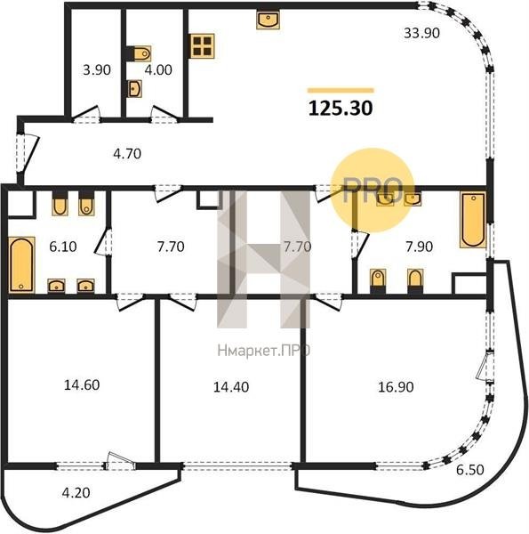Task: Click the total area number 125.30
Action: (x=341, y=109)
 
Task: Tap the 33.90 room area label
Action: (x=421, y=33)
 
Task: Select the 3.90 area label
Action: (x=97, y=69)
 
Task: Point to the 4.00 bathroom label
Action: (x=158, y=69)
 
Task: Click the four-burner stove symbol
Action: (x=202, y=46)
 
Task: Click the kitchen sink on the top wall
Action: (x=269, y=20)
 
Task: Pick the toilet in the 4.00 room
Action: (x=140, y=53)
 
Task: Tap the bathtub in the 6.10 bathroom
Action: (x=21, y=264)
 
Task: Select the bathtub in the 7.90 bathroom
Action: (x=473, y=220)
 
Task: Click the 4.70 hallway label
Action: (x=127, y=154)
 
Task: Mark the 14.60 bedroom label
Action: (x=82, y=385)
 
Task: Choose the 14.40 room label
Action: (x=231, y=387)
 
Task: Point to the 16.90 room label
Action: (x=396, y=387)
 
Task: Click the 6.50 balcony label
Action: (x=469, y=470)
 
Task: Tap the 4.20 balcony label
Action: (x=76, y=493)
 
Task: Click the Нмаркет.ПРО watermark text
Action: (x=264, y=350)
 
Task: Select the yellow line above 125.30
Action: (x=341, y=90)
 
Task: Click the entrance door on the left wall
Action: (x=27, y=152)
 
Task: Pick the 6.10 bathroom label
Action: (x=63, y=247)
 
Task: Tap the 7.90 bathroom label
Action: (x=420, y=247)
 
